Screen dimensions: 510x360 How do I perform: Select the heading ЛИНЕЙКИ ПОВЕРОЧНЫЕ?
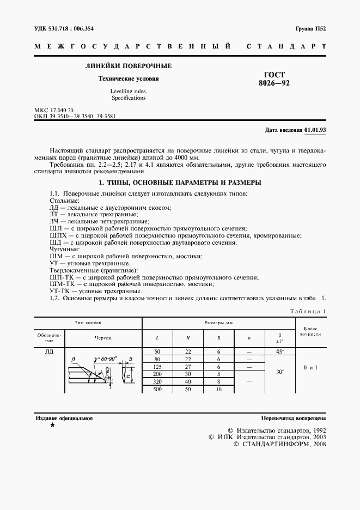129,66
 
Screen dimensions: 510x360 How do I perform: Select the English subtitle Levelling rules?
129,91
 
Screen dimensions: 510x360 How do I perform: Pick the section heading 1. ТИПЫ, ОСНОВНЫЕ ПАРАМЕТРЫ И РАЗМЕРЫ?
179,183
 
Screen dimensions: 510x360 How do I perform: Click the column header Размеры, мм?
218,323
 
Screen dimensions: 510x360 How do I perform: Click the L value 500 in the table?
157,390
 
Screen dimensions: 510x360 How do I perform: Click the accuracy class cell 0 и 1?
310,368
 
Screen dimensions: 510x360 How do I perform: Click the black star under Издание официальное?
52,425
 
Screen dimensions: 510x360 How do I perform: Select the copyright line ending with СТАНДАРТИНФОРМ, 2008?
280,445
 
